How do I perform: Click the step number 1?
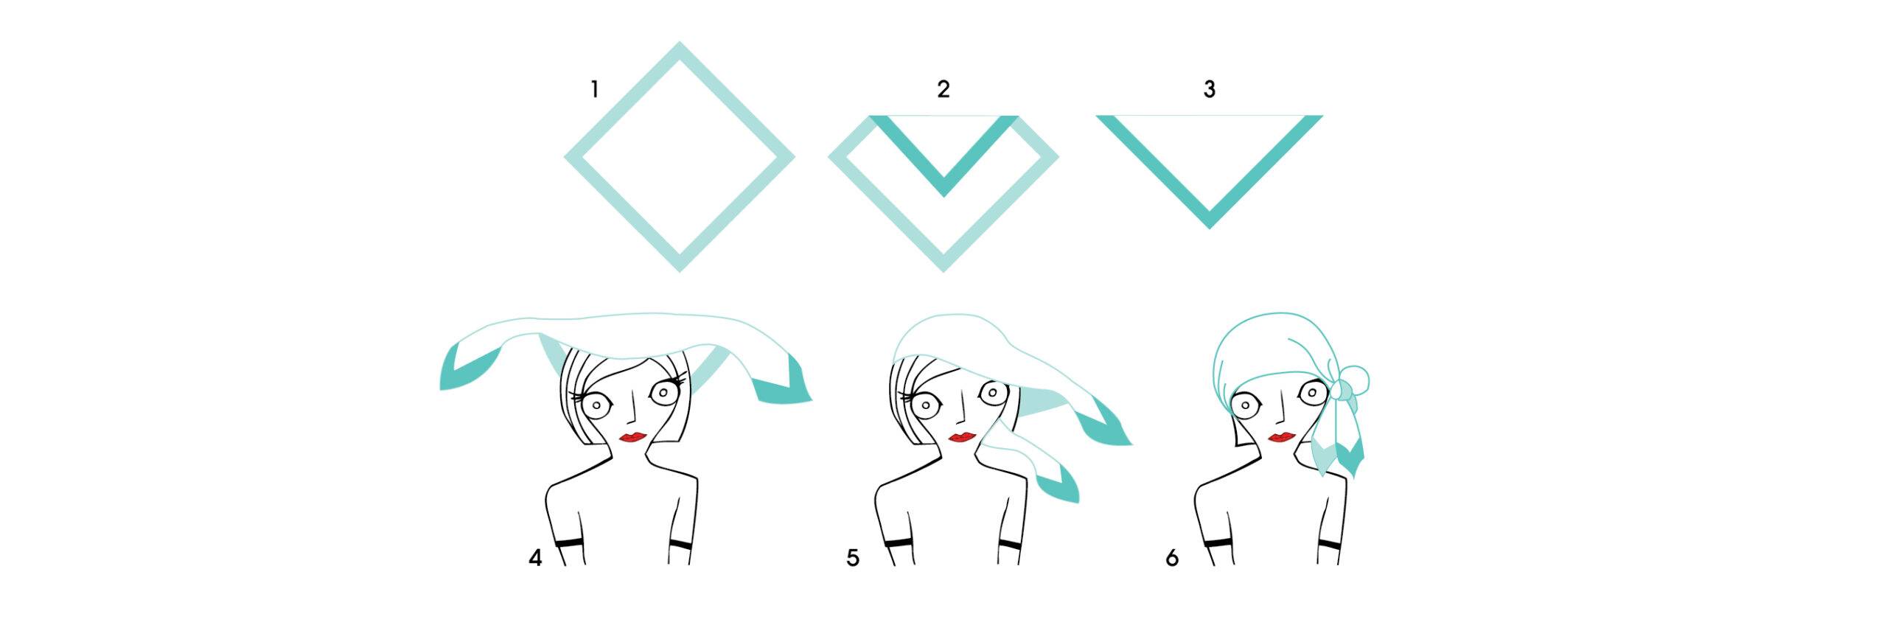pyautogui.click(x=595, y=90)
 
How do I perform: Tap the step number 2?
pyautogui.click(x=943, y=90)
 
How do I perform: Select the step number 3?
pyautogui.click(x=1210, y=90)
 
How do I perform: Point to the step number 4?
pyautogui.click(x=535, y=558)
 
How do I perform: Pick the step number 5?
pyautogui.click(x=853, y=558)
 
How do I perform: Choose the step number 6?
pyautogui.click(x=1172, y=558)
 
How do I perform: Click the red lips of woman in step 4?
pyautogui.click(x=633, y=437)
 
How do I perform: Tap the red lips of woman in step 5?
pyautogui.click(x=962, y=437)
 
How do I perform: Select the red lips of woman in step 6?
pyautogui.click(x=1282, y=437)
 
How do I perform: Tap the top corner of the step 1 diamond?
pyautogui.click(x=680, y=43)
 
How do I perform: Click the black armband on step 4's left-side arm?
pyautogui.click(x=568, y=543)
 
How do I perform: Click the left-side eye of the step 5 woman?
pyautogui.click(x=924, y=405)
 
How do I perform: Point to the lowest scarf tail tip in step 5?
pyautogui.click(x=1077, y=502)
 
